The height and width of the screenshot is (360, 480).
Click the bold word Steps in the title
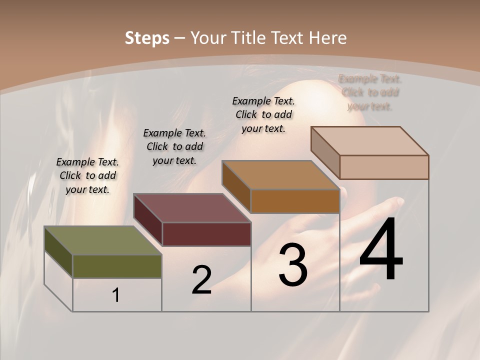click(147, 38)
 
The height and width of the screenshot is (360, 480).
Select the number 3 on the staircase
click(293, 265)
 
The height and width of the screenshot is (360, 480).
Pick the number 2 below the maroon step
click(201, 280)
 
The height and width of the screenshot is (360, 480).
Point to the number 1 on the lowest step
click(116, 295)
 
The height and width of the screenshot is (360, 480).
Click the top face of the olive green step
click(103, 240)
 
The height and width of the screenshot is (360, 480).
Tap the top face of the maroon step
click(192, 208)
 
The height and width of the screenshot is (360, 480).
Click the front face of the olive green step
click(117, 266)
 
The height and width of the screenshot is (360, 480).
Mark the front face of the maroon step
click(206, 234)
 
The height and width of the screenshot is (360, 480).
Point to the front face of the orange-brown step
click(295, 201)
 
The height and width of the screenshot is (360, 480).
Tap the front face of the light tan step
click(384, 167)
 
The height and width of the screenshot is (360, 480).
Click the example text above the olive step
click(87, 175)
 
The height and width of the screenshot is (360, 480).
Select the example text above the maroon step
click(174, 146)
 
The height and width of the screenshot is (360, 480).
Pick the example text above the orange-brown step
click(263, 114)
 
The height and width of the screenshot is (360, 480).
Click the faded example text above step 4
click(370, 92)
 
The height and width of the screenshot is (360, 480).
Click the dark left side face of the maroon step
click(148, 220)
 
